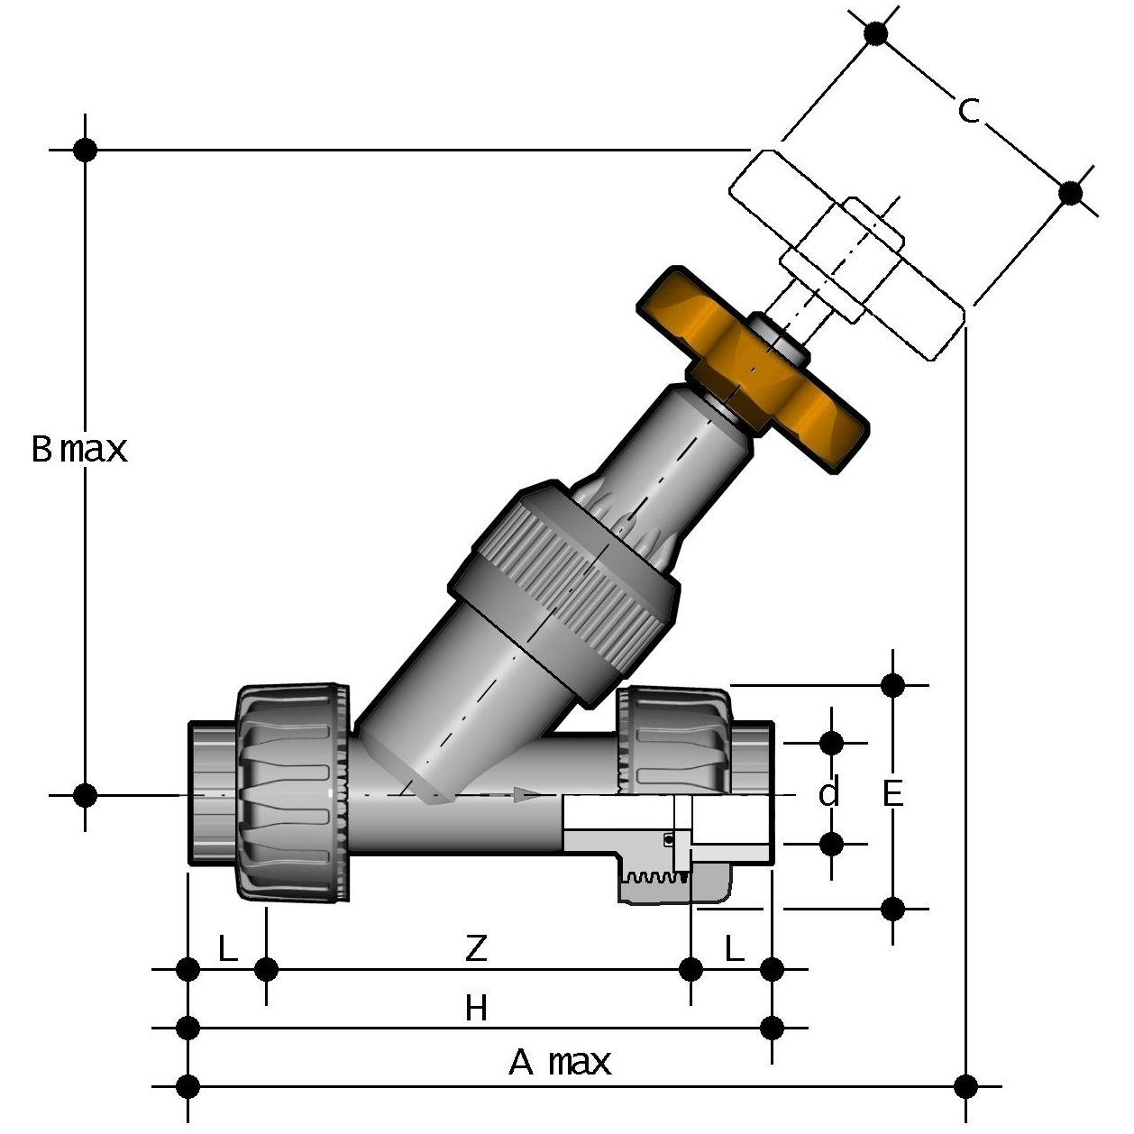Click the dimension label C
[x=968, y=111]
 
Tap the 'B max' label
[x=79, y=448]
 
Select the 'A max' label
[x=560, y=1062]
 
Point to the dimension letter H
[x=476, y=1007]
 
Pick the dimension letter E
[x=892, y=794]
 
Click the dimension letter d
[x=829, y=794]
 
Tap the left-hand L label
[x=228, y=947]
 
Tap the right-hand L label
[x=735, y=947]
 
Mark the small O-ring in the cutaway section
[x=669, y=840]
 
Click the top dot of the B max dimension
[x=85, y=150]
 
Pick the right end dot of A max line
[x=965, y=1084]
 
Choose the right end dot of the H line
[x=772, y=1027]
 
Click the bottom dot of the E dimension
[x=892, y=909]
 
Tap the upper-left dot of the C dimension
[x=875, y=33]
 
